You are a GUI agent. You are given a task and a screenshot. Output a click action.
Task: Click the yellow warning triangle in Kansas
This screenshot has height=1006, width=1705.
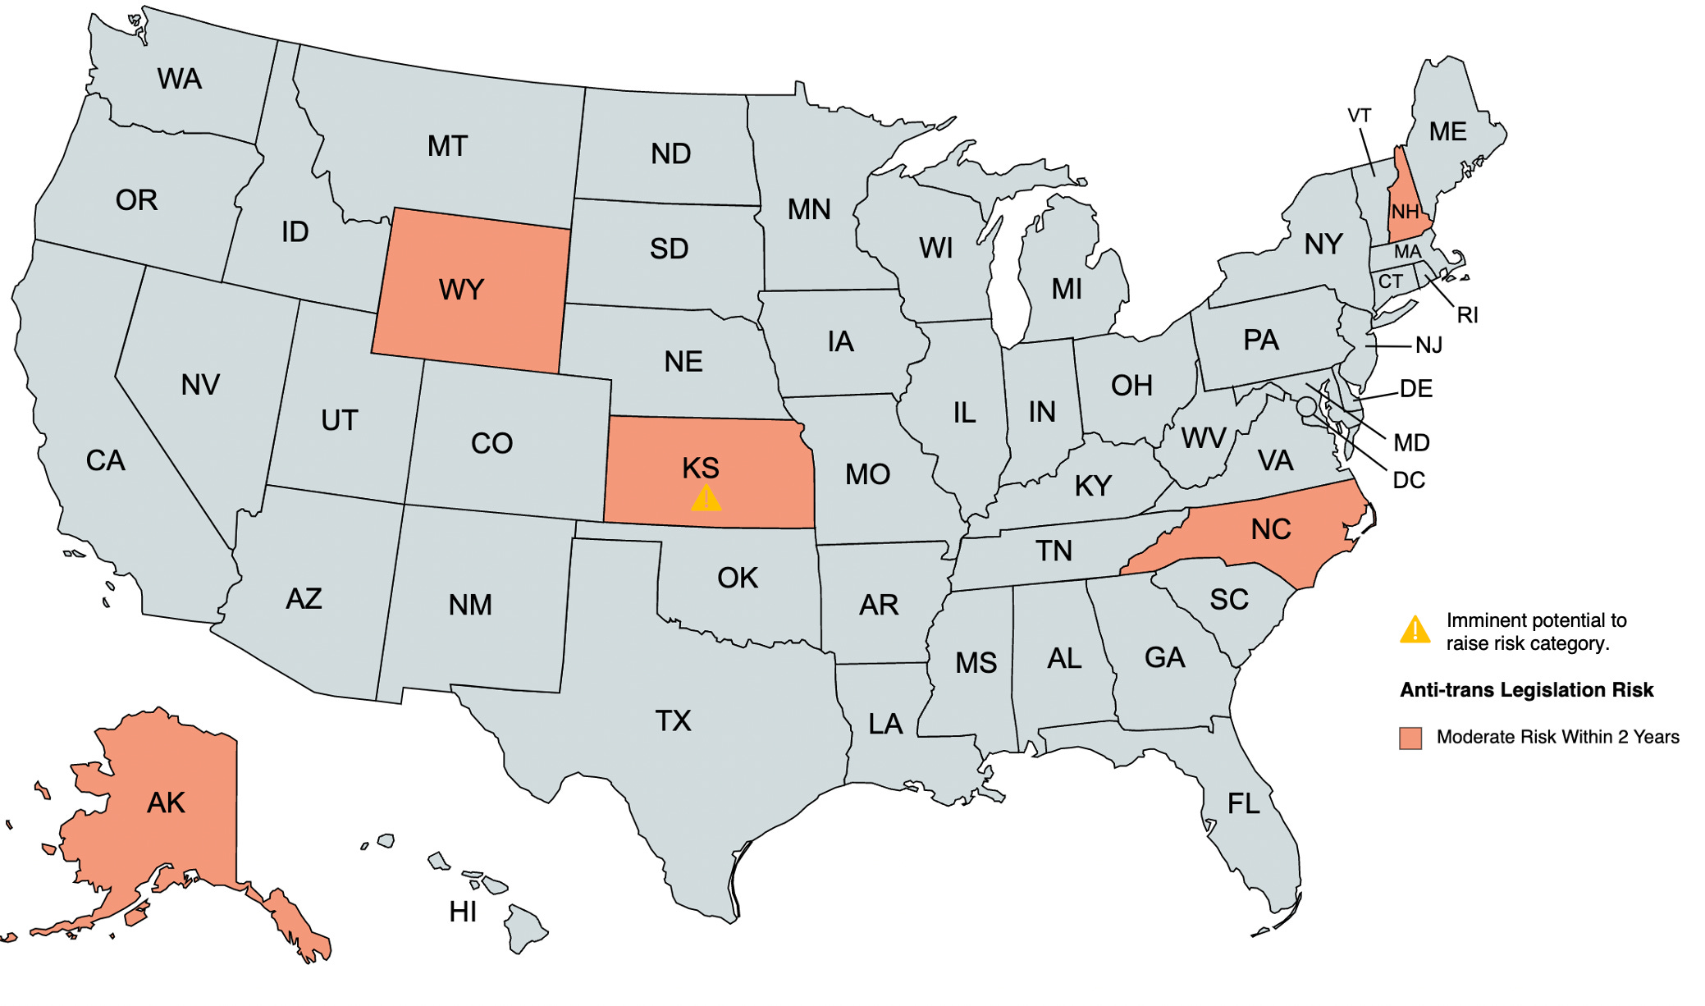(706, 499)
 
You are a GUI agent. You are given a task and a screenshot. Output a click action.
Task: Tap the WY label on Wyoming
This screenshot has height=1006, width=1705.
(462, 290)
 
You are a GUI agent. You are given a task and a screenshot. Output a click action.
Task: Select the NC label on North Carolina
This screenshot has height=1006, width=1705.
(1271, 529)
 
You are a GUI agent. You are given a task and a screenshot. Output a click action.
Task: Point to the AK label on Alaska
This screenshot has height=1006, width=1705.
(166, 803)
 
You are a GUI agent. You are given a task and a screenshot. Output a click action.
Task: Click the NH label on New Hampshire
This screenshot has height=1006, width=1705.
(1405, 212)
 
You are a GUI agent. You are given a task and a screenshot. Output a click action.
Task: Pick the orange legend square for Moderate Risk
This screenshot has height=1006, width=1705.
(1410, 738)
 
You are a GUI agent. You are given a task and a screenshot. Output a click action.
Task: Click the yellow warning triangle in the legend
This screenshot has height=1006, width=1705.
(1415, 630)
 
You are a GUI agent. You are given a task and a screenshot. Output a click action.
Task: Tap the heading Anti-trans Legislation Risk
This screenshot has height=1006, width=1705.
(1526, 690)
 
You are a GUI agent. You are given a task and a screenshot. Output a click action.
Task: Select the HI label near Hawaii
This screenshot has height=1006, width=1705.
(463, 912)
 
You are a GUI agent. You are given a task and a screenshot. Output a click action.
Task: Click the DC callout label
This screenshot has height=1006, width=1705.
(1409, 480)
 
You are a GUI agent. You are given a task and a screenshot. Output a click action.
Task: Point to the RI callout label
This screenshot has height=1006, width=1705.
(1468, 315)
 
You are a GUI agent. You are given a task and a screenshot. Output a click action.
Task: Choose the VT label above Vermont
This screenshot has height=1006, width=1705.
(1360, 116)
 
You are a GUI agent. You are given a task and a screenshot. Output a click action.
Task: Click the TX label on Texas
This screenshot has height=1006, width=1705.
(673, 721)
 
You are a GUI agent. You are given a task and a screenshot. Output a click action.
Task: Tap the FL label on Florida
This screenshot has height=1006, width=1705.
(1244, 803)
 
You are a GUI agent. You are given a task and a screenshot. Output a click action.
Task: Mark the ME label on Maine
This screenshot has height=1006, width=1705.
(1447, 132)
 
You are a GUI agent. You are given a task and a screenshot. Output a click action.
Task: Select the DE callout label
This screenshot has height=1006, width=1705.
(1416, 389)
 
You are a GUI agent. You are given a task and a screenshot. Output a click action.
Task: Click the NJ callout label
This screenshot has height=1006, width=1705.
(1429, 345)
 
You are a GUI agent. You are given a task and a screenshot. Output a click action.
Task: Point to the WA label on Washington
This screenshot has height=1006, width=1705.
(180, 79)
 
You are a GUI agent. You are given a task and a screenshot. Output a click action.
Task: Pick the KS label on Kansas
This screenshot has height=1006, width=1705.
(701, 469)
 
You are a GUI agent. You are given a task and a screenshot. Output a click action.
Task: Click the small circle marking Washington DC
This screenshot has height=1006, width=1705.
(1306, 406)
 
